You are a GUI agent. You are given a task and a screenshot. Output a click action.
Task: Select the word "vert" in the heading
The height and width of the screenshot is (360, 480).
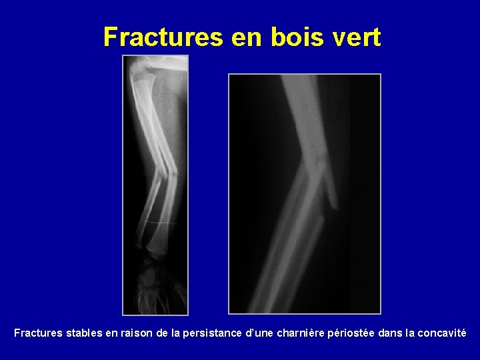click(358, 37)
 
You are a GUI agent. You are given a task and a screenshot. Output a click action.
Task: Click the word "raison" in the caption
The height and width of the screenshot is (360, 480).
click(136, 332)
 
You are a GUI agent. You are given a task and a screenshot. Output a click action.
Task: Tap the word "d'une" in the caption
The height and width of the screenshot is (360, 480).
click(261, 332)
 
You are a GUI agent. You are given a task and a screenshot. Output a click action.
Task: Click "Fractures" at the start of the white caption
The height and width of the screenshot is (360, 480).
click(39, 332)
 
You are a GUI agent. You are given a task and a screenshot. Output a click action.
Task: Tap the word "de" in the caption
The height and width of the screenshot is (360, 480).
click(163, 332)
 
